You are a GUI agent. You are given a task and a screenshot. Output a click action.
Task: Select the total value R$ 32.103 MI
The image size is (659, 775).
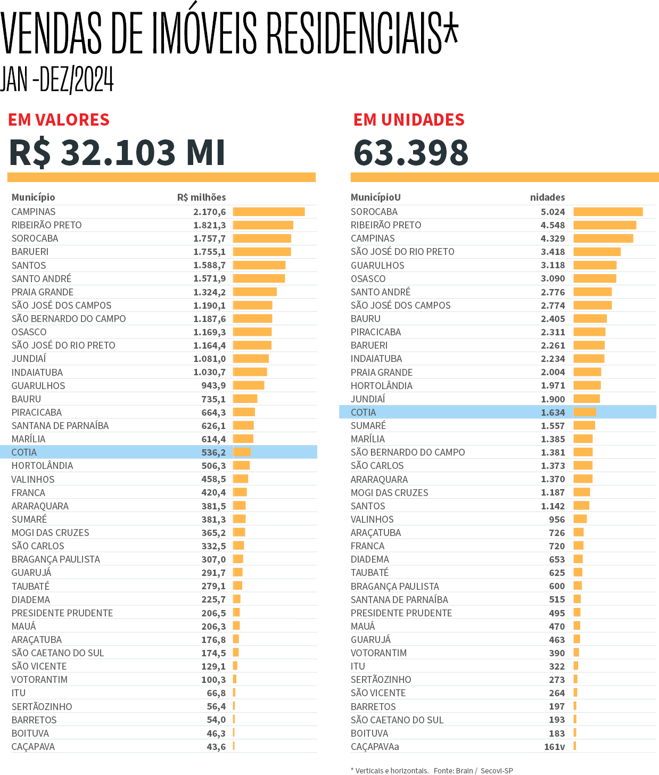[118, 152]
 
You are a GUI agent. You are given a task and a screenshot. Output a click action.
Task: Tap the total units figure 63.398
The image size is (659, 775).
[411, 152]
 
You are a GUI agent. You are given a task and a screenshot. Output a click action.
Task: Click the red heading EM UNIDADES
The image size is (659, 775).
[409, 120]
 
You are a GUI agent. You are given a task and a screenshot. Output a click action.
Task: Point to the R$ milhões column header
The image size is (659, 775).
[201, 197]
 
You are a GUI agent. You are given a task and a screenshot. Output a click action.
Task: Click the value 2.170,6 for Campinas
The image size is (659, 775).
[209, 212]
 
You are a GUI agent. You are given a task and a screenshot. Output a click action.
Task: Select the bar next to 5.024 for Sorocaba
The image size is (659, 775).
[608, 212]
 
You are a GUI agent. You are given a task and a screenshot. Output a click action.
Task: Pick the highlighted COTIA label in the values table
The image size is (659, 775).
[24, 452]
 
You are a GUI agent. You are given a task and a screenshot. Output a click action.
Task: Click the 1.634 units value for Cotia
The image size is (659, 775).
[553, 413]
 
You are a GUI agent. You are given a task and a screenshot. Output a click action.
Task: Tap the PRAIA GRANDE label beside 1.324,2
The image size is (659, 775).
[43, 292]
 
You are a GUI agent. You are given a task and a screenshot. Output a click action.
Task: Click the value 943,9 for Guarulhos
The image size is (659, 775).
[213, 386]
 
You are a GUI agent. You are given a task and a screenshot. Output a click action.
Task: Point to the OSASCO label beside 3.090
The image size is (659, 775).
[368, 279]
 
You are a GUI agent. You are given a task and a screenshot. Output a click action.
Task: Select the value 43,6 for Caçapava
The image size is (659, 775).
[216, 747]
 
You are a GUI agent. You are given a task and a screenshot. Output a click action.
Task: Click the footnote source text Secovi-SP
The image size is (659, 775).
[497, 770]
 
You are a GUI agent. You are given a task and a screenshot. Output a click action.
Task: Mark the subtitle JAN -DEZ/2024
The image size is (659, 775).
[57, 80]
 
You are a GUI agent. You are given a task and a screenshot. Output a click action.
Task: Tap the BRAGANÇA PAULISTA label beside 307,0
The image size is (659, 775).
[56, 559]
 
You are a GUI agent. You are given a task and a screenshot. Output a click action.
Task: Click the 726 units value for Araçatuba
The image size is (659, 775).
[557, 533]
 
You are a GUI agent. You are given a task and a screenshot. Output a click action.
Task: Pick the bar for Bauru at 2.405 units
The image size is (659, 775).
[590, 319]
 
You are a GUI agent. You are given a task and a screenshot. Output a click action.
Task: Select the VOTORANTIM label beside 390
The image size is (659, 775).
[378, 653]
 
